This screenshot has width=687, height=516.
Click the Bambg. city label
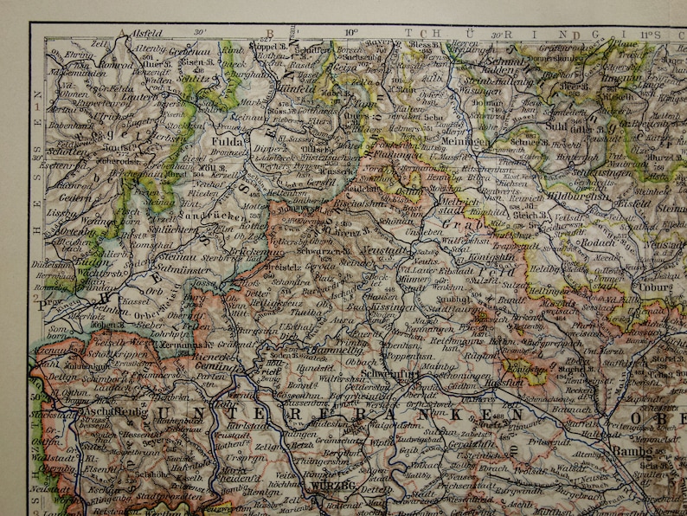631,450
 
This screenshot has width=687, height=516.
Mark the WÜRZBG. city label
336,487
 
